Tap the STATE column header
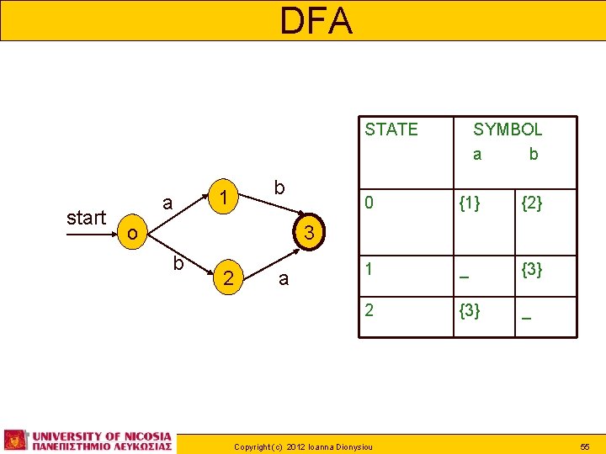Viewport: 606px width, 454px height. pos(391,129)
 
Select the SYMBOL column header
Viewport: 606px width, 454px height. pos(507,129)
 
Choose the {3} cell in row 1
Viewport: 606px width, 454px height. pos(531,270)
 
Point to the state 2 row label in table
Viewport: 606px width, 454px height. pos(367,311)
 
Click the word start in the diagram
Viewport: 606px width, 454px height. pos(86,219)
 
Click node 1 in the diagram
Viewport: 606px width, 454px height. pos(224,198)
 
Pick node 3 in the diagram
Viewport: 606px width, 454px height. pos(309,233)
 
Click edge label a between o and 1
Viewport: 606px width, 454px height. pos(167,202)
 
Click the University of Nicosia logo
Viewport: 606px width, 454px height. pos(88,440)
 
